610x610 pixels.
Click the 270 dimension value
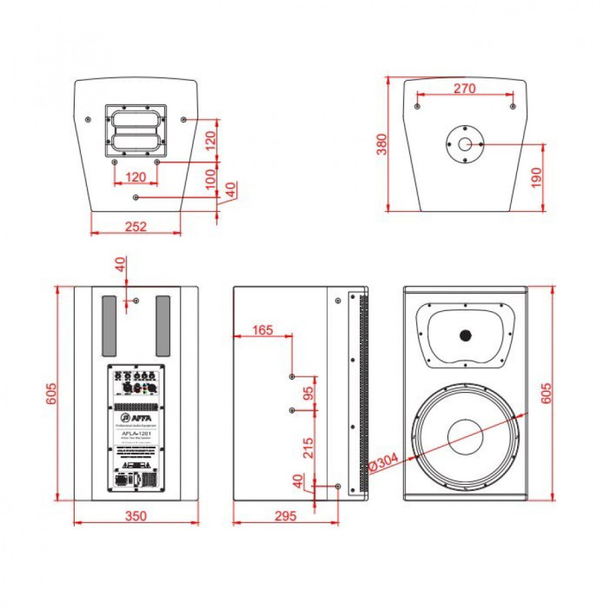click(x=464, y=88)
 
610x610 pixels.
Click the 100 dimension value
click(x=211, y=179)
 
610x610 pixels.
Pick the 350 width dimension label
click(x=135, y=516)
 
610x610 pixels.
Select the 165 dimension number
click(x=262, y=330)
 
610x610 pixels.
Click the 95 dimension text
click(x=309, y=393)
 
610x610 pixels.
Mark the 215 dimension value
click(x=309, y=447)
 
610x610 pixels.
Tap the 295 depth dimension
click(x=284, y=516)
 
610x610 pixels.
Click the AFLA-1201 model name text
click(x=136, y=433)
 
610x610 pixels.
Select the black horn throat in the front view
click(x=465, y=335)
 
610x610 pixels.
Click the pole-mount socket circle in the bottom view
click(x=464, y=143)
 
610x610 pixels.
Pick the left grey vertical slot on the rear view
click(x=108, y=326)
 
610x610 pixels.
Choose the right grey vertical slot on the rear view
click(x=162, y=326)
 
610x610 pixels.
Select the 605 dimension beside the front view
click(x=546, y=393)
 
